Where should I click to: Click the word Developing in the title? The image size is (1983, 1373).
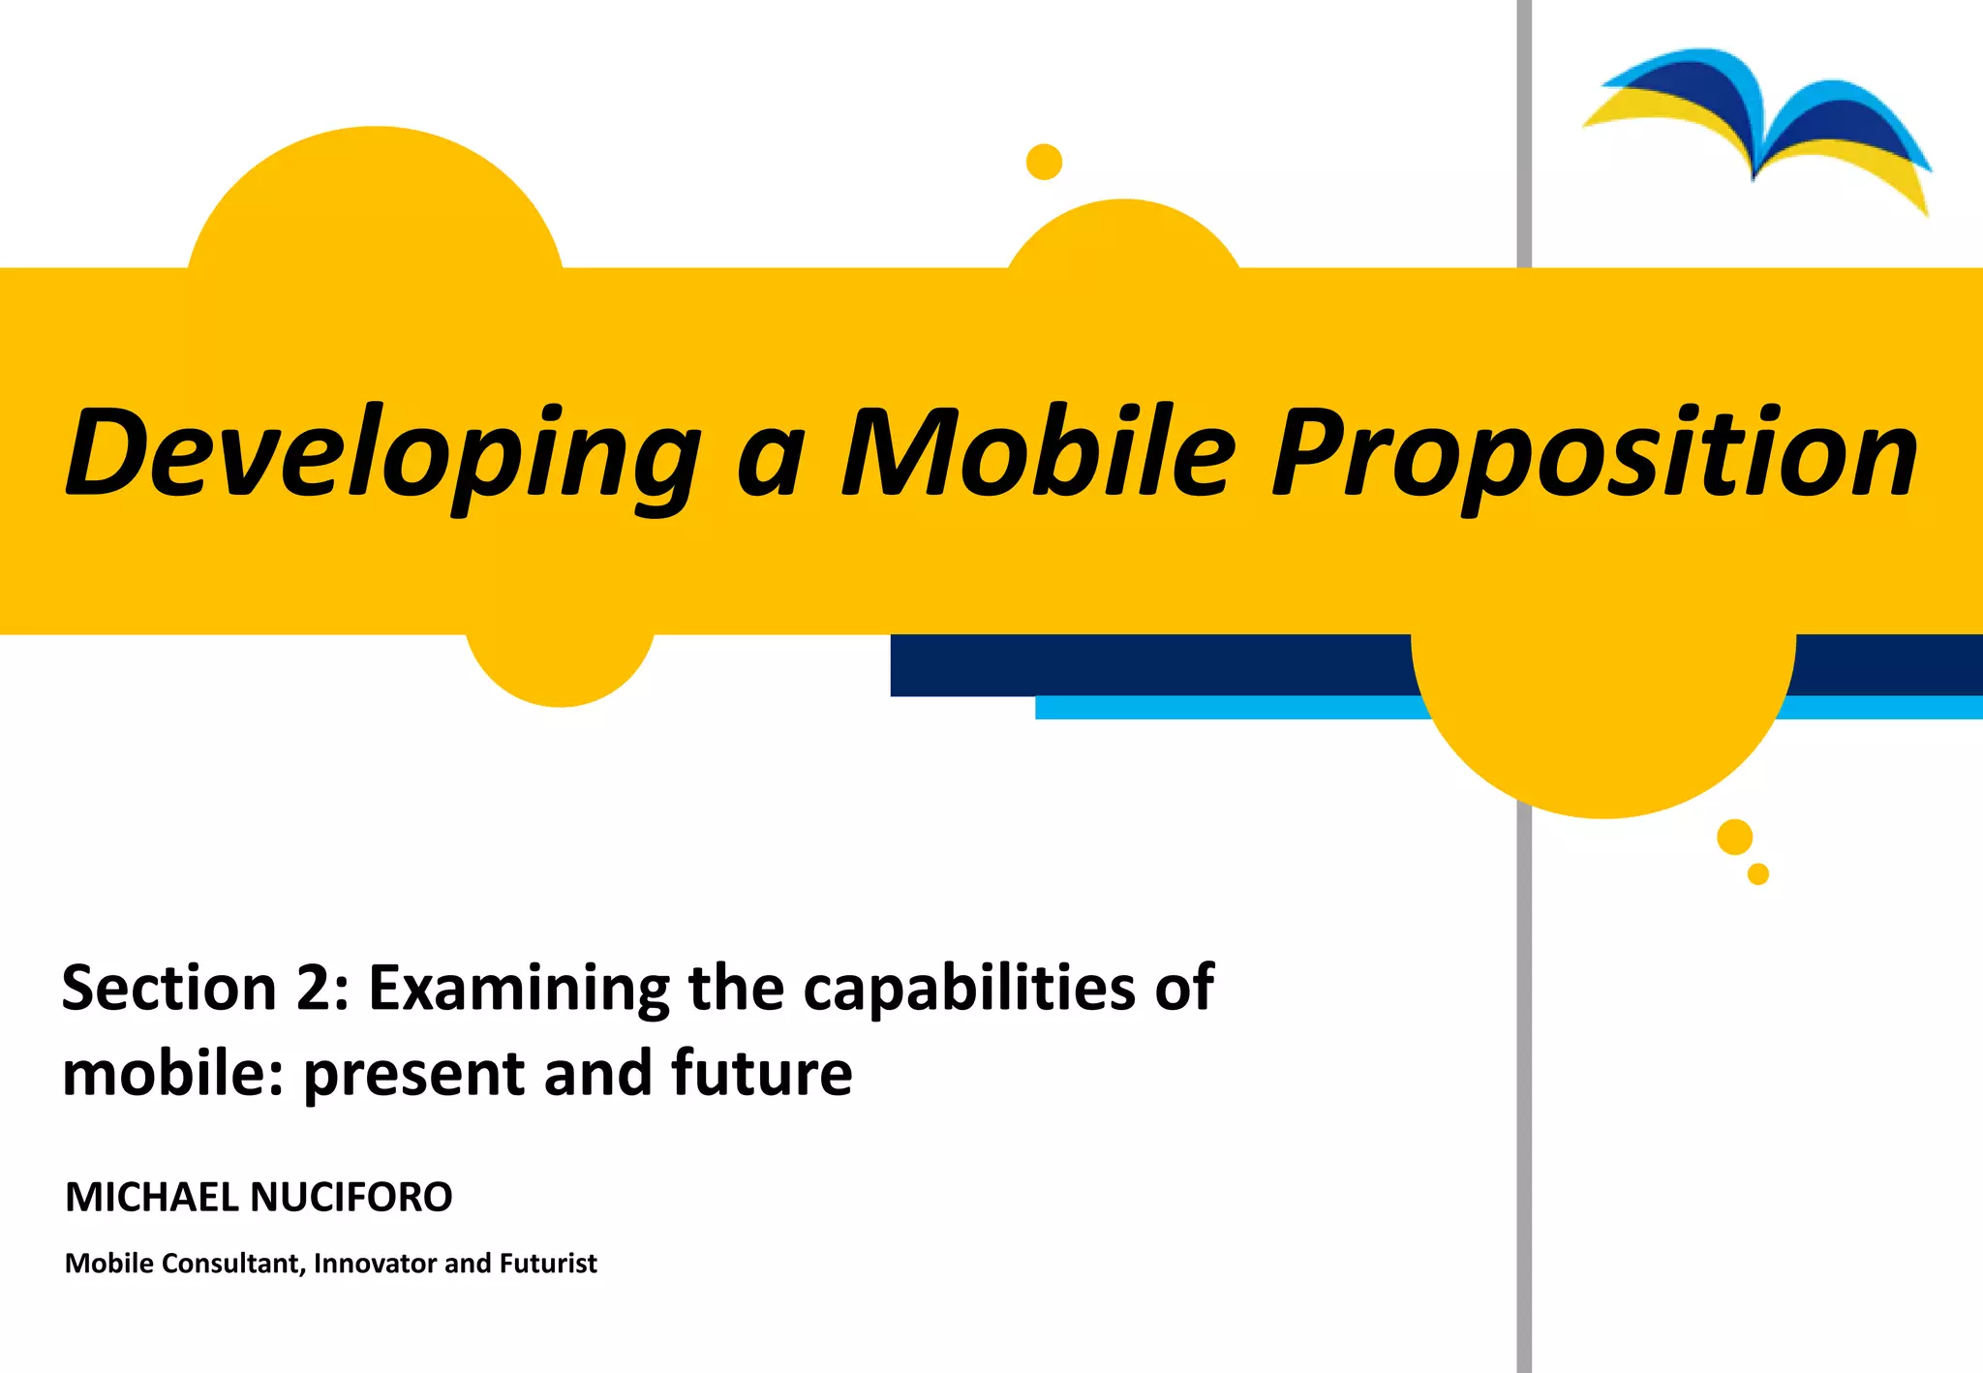(382, 453)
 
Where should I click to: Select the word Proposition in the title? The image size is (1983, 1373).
(1594, 453)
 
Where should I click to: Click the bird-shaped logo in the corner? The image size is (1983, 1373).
(1757, 126)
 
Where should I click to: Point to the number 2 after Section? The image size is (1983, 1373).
(312, 989)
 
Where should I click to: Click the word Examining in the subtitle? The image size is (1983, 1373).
(519, 989)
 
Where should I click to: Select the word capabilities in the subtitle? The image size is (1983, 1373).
(969, 989)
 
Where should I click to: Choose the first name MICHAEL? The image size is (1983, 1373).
(151, 1198)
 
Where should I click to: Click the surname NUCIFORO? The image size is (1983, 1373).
(351, 1198)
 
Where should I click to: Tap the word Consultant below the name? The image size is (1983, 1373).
(229, 1264)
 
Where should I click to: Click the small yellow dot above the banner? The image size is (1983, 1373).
(1044, 162)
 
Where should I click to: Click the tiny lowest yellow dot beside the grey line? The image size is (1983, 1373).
(1758, 874)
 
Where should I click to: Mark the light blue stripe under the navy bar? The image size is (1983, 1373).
(1230, 708)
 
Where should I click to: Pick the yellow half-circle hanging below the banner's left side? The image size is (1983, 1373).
(560, 668)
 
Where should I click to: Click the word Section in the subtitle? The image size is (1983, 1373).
(169, 989)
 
